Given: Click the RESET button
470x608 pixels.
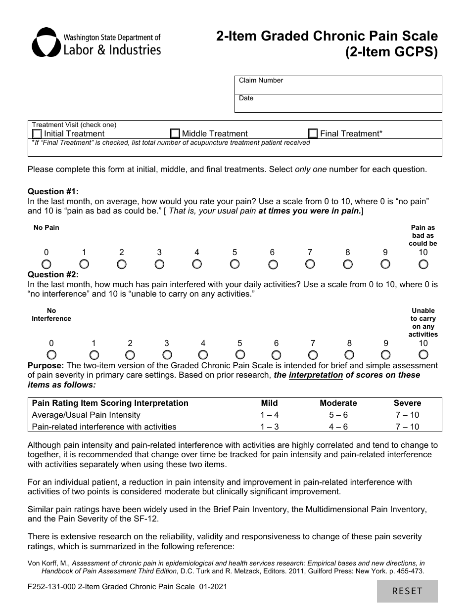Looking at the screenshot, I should pos(407,591).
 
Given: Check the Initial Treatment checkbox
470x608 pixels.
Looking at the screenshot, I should pos(37,134).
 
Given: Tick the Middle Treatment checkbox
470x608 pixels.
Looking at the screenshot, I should pos(175,134).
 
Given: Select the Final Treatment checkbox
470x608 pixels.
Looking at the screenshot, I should pos(313,134).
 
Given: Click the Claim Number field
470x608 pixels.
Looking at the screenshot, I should pos(338,85).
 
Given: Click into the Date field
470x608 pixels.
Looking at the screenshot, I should pos(338,103).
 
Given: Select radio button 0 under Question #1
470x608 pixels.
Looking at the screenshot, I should pos(47,264).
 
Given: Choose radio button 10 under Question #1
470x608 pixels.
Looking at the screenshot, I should pos(423,264).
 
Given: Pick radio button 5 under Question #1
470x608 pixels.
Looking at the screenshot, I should pos(235,264).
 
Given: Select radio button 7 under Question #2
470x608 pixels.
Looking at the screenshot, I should pos(313,355).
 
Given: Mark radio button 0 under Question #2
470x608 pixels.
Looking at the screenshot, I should pos(51,355).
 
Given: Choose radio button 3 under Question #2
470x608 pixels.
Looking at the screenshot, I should pos(167,355).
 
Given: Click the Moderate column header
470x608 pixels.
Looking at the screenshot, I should pos(338,403).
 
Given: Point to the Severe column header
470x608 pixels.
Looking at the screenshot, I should pos(407,403).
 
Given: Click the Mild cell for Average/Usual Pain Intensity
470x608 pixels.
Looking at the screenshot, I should pos(269,415).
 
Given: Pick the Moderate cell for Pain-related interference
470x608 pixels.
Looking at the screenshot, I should pos(338,427).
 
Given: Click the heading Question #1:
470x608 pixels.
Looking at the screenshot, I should pos(53,192).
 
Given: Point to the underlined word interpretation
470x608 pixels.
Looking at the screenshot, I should pos(316,375).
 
